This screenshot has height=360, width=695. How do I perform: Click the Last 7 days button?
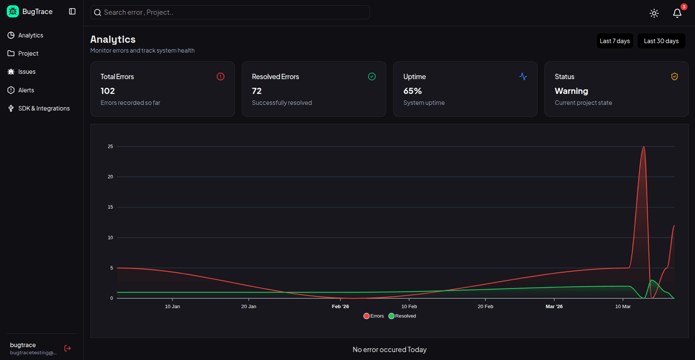click(614, 41)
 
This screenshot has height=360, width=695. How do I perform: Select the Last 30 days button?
click(661, 41)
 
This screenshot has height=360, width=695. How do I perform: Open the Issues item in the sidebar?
click(26, 72)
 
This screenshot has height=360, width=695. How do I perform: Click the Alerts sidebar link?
click(26, 90)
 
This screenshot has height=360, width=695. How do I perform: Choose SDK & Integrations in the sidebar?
click(44, 108)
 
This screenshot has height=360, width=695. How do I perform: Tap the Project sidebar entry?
click(28, 53)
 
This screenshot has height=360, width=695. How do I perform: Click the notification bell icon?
click(677, 13)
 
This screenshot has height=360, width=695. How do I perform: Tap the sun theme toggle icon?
click(654, 13)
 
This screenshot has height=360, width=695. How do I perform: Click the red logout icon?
click(68, 348)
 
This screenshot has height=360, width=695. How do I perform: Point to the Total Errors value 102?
click(107, 91)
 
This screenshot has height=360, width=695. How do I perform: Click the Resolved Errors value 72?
click(257, 91)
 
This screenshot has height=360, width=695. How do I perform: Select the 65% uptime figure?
click(412, 91)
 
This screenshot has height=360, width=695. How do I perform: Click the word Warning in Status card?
click(571, 91)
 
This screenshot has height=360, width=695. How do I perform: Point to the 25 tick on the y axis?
click(110, 146)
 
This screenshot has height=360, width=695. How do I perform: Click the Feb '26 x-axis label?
click(340, 307)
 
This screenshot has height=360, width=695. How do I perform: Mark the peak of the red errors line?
click(644, 147)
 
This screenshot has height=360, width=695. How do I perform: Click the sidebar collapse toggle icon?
click(72, 11)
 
